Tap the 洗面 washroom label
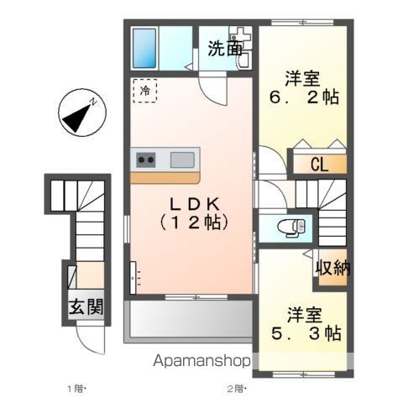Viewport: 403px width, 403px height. (x=225, y=48)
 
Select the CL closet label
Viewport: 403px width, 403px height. (x=319, y=164)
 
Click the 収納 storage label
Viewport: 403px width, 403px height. (x=332, y=269)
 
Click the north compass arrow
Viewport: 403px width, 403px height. (x=81, y=116)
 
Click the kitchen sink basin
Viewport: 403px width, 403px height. (x=183, y=158)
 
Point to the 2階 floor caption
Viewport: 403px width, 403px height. (x=234, y=389)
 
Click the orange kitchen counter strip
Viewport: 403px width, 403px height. (x=165, y=177)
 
